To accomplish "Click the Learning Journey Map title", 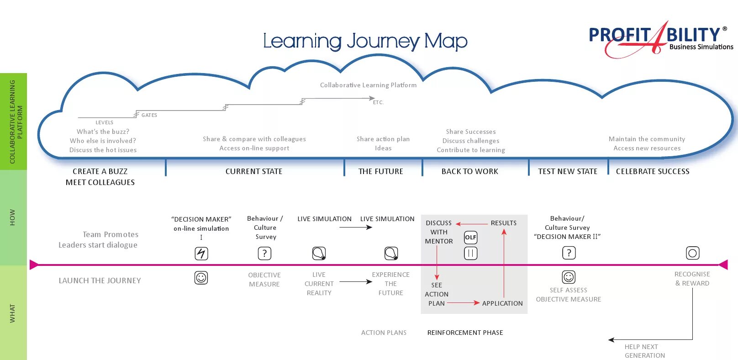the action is [x=365, y=41].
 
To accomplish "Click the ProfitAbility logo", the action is [x=659, y=39].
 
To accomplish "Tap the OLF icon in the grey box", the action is [x=470, y=237].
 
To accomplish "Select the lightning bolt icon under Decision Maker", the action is [x=201, y=253].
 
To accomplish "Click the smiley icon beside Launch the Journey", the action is [x=201, y=277].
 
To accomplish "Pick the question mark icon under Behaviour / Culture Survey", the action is [x=264, y=253].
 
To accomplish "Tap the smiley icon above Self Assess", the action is [x=569, y=277].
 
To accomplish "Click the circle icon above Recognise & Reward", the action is [x=692, y=253].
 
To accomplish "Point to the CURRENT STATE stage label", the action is [x=254, y=171].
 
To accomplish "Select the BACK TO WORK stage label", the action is [x=469, y=171].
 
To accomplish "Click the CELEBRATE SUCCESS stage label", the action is [x=653, y=171].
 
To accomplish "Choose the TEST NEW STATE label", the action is [x=568, y=171].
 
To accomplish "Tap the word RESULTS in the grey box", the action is [x=503, y=223].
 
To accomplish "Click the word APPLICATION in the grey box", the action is [x=502, y=303].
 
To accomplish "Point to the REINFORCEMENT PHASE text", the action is [x=465, y=333].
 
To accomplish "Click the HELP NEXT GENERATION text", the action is [x=644, y=351].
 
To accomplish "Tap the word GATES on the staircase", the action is [x=149, y=115].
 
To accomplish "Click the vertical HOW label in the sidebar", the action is [x=12, y=217].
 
